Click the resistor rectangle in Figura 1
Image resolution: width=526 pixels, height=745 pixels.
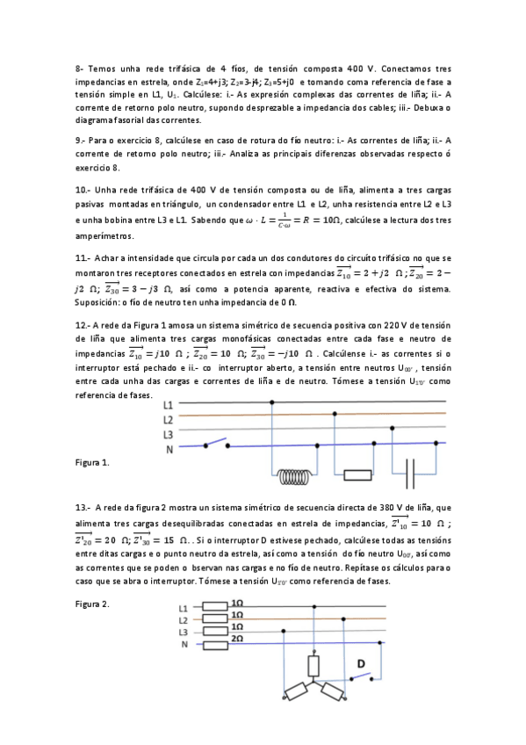click(357, 477)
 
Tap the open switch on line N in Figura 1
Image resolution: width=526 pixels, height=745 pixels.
click(216, 444)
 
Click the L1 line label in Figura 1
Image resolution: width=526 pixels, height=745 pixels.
click(168, 405)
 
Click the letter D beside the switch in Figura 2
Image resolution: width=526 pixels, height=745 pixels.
click(360, 662)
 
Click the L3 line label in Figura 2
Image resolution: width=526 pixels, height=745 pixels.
click(184, 632)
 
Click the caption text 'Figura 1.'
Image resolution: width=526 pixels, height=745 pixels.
click(92, 461)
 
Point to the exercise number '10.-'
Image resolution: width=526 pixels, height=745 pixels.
click(83, 189)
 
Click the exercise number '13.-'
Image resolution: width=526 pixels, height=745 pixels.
click(83, 507)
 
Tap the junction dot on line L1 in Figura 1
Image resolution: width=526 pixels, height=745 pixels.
click(274, 402)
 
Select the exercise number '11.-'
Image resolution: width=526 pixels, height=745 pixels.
click(83, 258)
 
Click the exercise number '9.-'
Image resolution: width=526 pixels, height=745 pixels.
click(80, 140)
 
